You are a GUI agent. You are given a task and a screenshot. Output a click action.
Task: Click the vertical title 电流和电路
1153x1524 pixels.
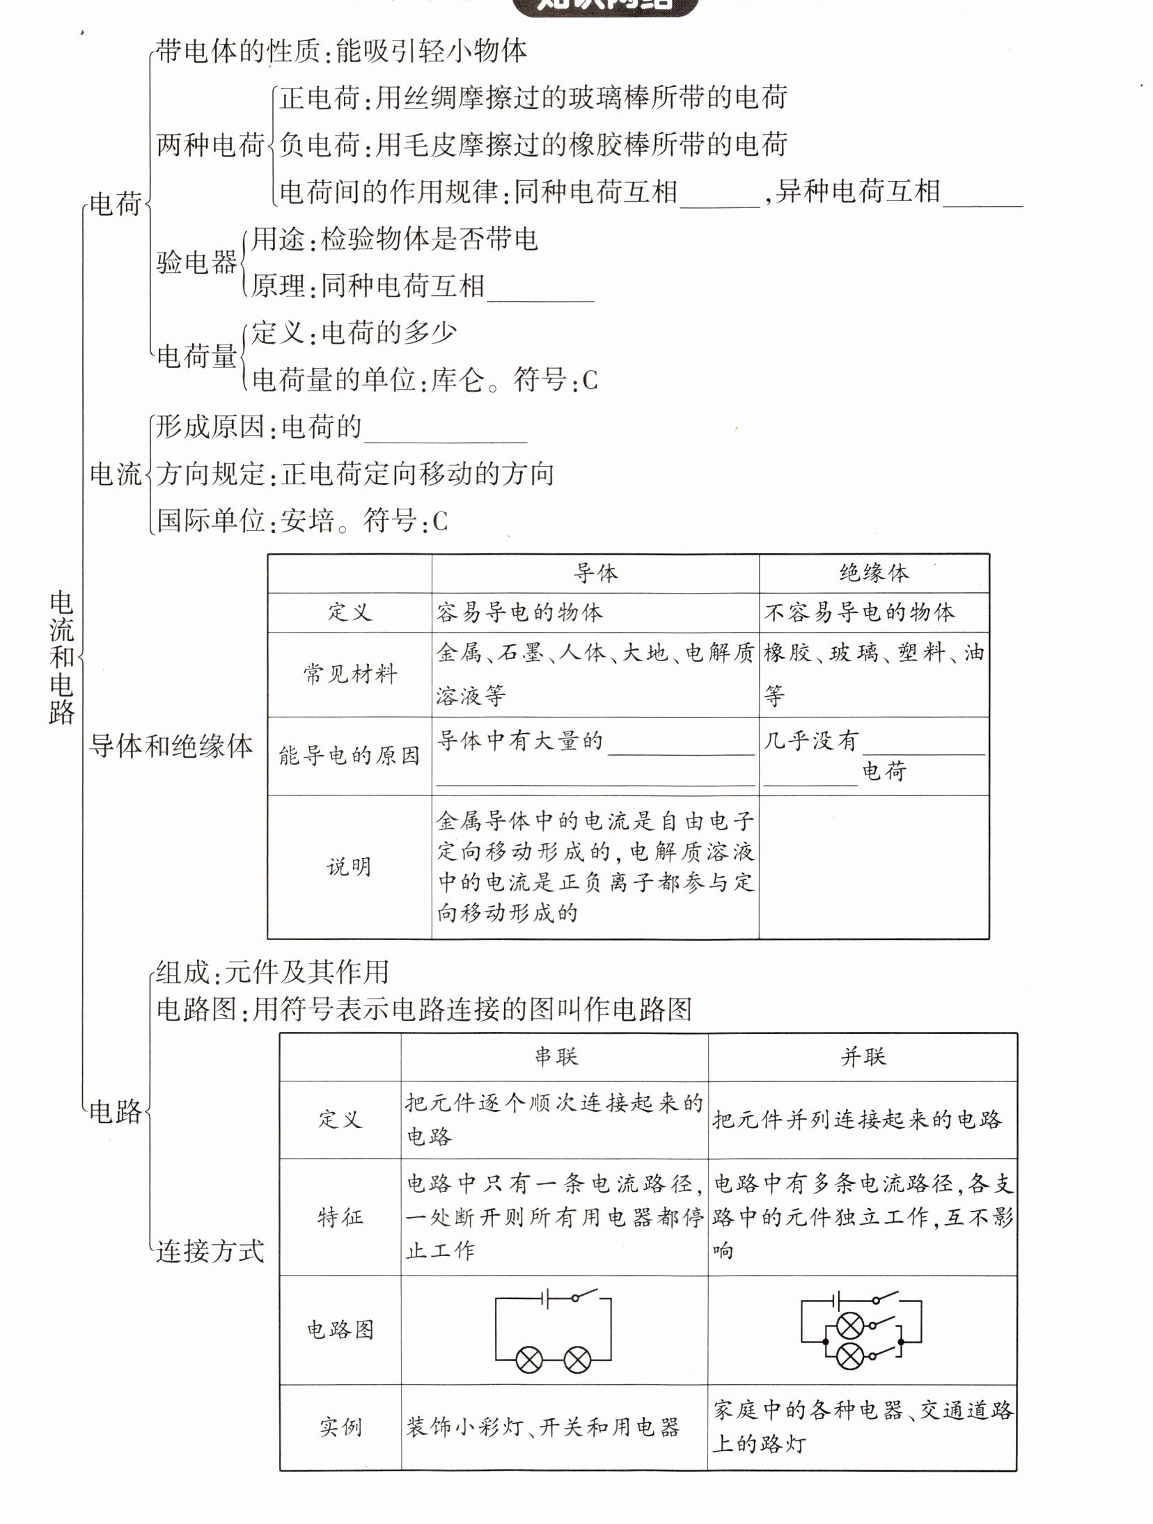[62, 657]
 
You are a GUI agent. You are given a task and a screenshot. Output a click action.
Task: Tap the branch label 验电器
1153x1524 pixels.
[197, 263]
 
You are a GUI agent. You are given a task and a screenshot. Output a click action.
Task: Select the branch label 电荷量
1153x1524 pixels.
[197, 356]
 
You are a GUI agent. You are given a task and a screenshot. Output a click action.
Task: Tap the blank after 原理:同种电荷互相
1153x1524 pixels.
[540, 288]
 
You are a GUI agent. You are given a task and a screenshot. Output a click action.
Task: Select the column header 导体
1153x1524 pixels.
[595, 573]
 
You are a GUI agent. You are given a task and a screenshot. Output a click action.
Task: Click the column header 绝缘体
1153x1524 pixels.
[874, 573]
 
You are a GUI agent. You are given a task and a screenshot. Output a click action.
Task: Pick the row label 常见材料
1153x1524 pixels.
[350, 674]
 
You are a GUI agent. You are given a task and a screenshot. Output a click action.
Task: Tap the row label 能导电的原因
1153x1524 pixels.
[350, 756]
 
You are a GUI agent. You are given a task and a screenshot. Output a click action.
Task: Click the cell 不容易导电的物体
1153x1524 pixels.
[860, 612]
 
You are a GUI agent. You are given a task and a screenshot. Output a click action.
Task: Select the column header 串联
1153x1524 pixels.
[555, 1056]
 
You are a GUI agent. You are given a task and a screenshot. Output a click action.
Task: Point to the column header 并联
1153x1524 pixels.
[863, 1056]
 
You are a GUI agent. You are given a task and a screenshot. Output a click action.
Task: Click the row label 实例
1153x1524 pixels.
[340, 1427]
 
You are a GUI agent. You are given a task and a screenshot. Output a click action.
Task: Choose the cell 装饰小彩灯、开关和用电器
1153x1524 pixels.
[542, 1427]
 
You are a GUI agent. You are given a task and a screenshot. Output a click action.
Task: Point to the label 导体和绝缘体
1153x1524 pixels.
[171, 746]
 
